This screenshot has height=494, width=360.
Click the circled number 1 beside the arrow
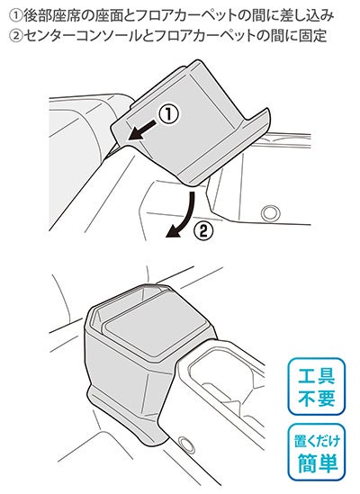click(x=168, y=114)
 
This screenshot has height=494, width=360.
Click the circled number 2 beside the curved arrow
click(x=203, y=231)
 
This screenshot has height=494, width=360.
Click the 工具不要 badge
click(x=316, y=387)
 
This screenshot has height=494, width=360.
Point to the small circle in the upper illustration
click(x=271, y=213)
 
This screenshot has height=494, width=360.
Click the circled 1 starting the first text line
click(x=16, y=15)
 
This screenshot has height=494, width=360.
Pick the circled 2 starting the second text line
click(x=16, y=36)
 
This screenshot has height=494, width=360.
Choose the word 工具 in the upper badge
click(x=317, y=376)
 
